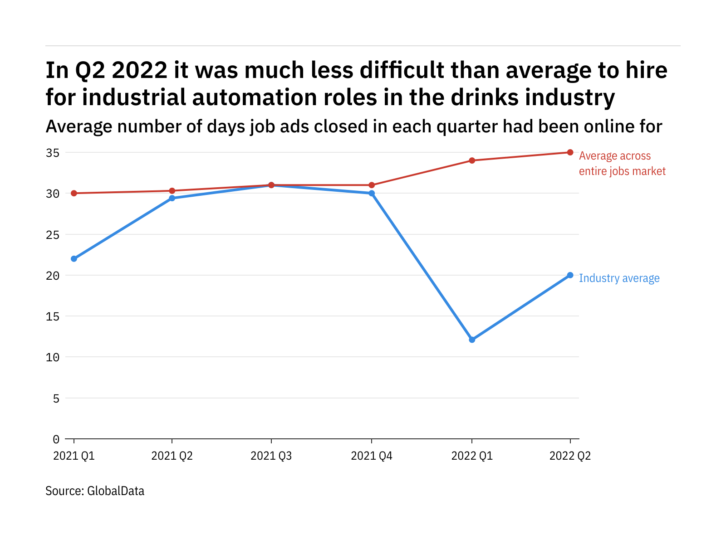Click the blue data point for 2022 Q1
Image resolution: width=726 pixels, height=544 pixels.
point(472,340)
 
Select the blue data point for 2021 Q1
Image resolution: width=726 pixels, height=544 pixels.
point(74,259)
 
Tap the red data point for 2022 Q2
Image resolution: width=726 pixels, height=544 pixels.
point(570,152)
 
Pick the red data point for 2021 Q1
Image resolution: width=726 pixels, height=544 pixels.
point(74,193)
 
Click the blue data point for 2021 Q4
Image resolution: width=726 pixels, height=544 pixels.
point(372,193)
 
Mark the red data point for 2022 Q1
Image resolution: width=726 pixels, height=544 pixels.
point(472,160)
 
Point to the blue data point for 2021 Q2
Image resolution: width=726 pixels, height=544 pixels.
point(172,198)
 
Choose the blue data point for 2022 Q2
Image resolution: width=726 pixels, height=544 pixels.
point(570,275)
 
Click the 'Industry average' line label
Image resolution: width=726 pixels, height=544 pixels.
point(619,278)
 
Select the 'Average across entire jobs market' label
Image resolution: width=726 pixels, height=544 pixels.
point(622,164)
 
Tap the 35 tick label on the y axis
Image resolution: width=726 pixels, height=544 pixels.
point(53,153)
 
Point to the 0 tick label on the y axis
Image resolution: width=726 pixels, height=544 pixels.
point(56,439)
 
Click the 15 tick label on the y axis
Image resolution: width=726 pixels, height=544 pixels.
point(53,316)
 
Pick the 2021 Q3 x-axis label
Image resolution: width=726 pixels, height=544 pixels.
point(271,456)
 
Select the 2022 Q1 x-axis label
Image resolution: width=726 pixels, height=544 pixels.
point(472,456)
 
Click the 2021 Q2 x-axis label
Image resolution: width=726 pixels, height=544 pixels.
point(172,456)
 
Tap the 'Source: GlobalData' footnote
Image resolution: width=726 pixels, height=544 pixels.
point(95,491)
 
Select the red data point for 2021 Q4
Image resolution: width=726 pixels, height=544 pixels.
point(372,185)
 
